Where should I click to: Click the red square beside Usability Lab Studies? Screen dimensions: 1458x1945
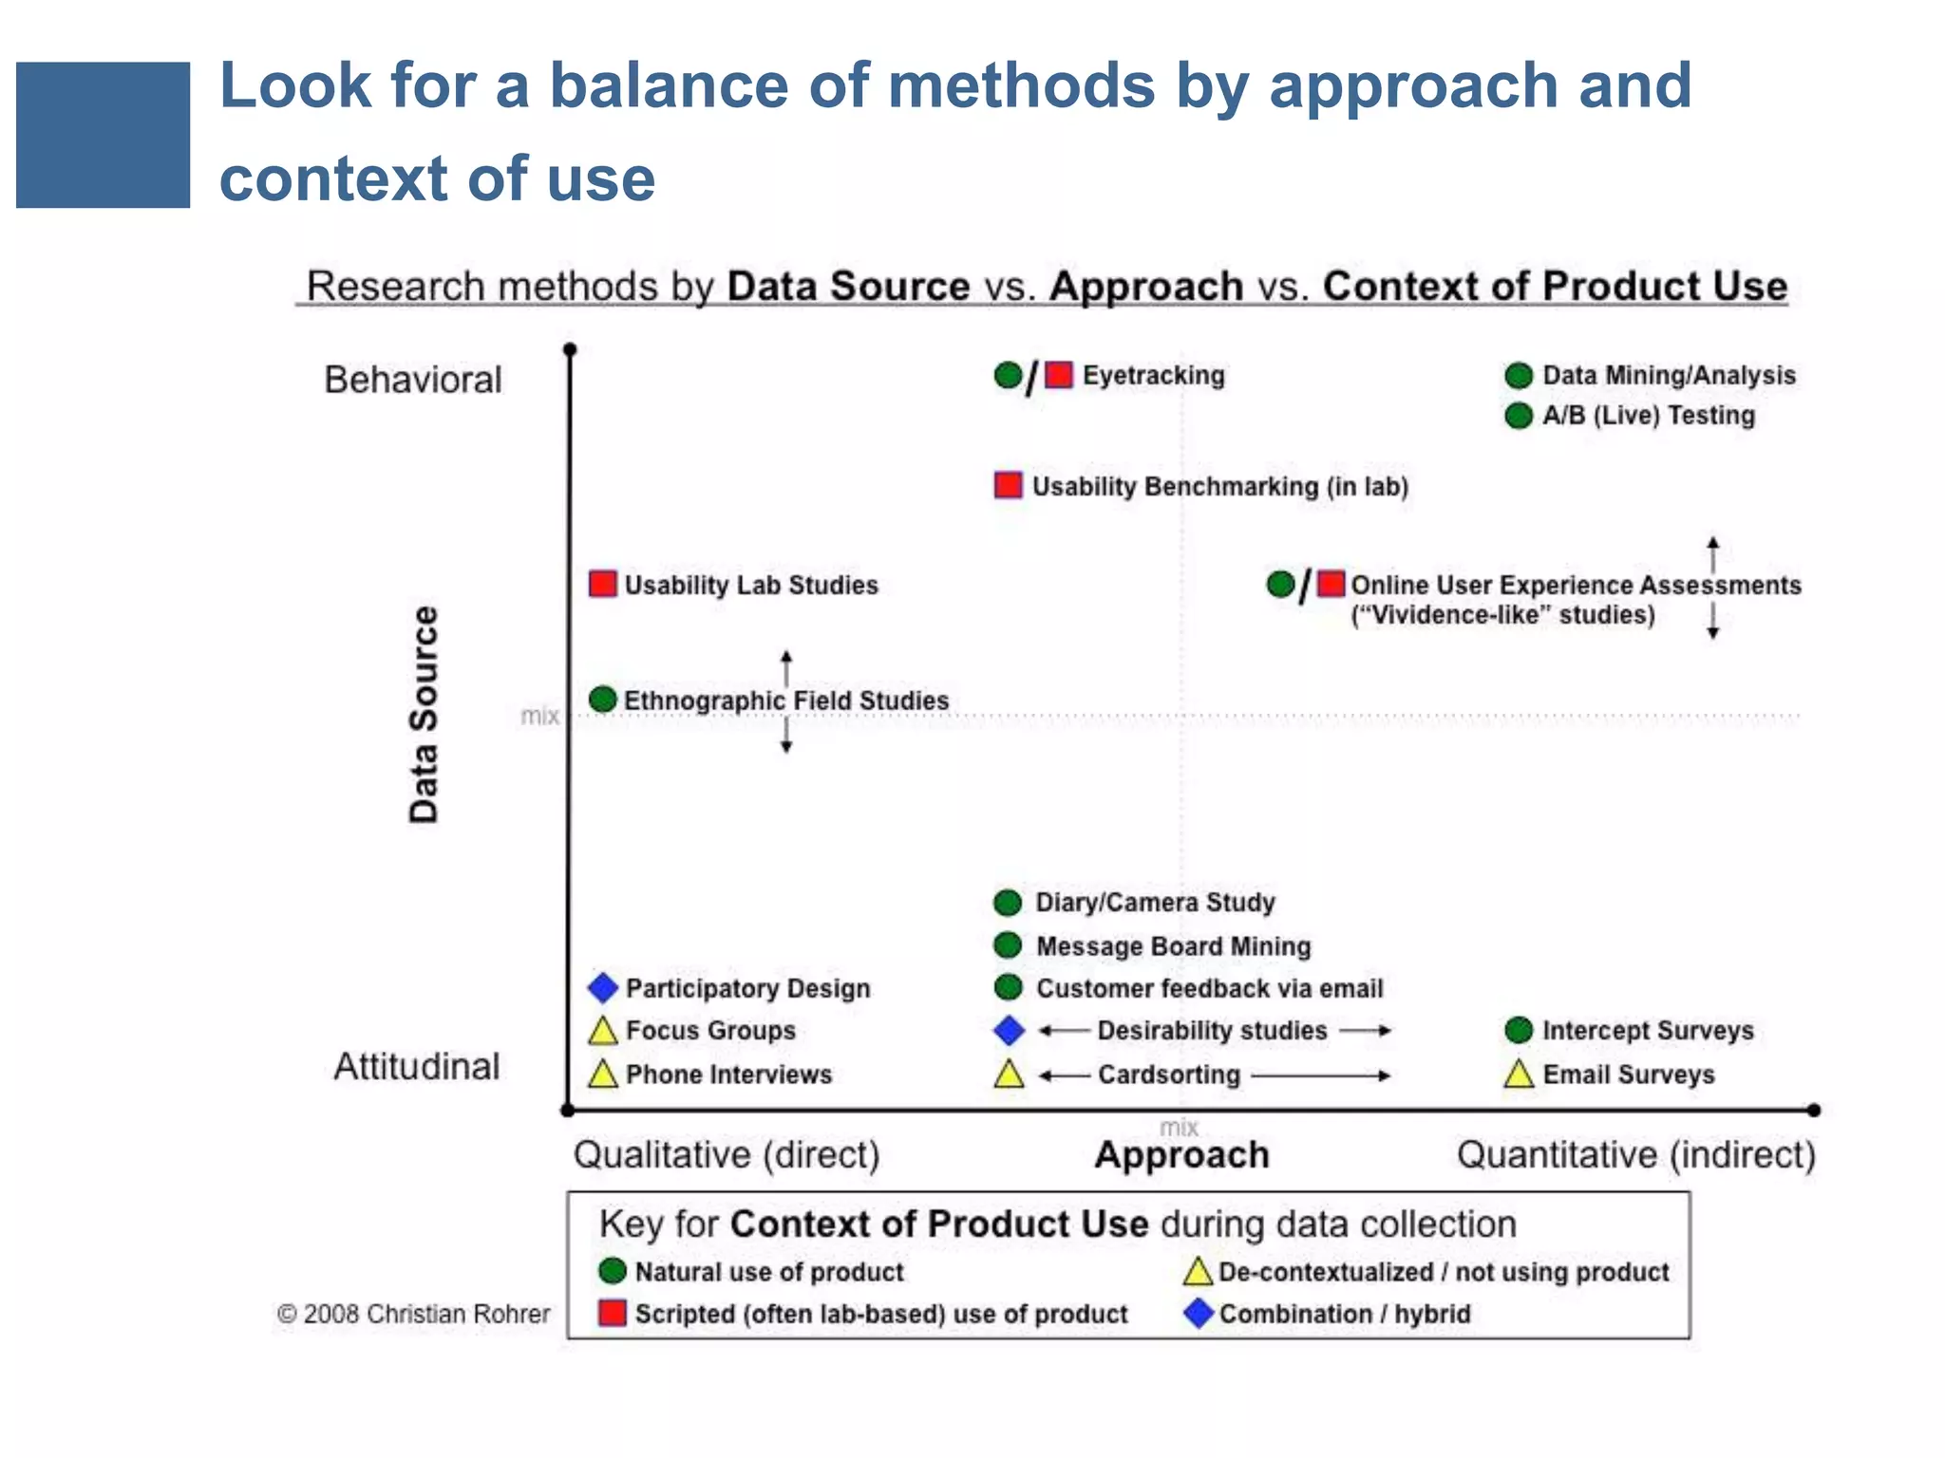pyautogui.click(x=602, y=583)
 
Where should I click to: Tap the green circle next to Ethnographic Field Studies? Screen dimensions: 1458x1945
pyautogui.click(x=602, y=700)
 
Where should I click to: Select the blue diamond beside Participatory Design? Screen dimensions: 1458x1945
pyautogui.click(x=602, y=988)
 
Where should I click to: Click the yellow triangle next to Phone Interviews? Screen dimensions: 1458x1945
pyautogui.click(x=602, y=1075)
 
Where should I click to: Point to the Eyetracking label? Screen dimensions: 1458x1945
pyautogui.click(x=1153, y=375)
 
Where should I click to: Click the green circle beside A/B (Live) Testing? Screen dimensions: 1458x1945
pyautogui.click(x=1519, y=416)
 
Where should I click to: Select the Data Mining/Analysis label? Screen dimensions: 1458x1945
pyautogui.click(x=1669, y=375)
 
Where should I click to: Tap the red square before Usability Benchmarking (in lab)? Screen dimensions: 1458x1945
pyautogui.click(x=1008, y=485)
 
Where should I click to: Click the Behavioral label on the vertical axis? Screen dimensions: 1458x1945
pyautogui.click(x=412, y=380)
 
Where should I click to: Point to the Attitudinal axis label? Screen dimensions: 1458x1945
pyautogui.click(x=416, y=1067)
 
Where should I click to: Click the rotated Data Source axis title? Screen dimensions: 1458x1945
pyautogui.click(x=424, y=714)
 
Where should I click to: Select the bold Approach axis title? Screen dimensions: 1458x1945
pyautogui.click(x=1181, y=1155)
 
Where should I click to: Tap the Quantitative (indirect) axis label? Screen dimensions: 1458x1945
pyautogui.click(x=1635, y=1155)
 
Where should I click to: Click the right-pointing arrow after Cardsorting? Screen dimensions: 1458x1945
pyautogui.click(x=1320, y=1075)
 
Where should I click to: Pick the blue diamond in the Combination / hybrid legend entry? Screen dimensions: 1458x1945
pyautogui.click(x=1199, y=1314)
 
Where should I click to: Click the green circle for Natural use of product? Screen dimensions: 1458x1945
pyautogui.click(x=613, y=1271)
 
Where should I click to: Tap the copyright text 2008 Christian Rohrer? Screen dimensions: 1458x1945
pyautogui.click(x=414, y=1314)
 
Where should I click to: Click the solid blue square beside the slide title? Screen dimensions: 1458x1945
pyautogui.click(x=103, y=135)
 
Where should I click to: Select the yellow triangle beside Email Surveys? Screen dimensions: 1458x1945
pyautogui.click(x=1519, y=1075)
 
